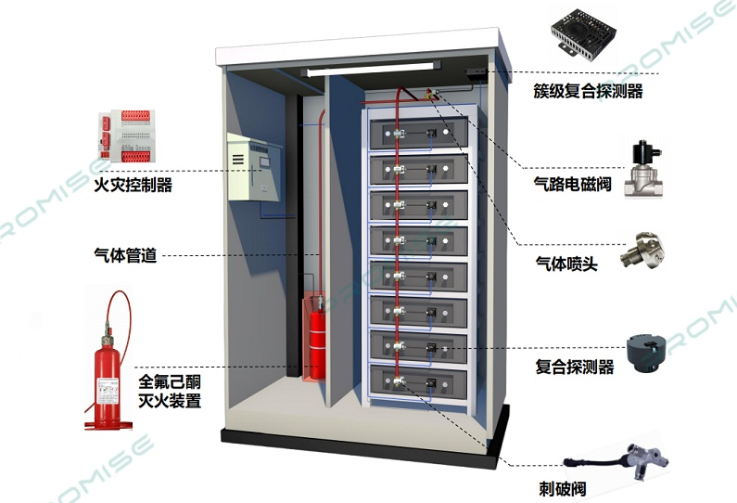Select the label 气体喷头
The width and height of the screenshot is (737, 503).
click(566, 264)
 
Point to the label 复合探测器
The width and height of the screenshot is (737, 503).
click(575, 368)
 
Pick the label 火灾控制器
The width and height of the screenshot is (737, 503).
click(133, 185)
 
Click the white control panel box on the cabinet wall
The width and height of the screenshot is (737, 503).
click(249, 167)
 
